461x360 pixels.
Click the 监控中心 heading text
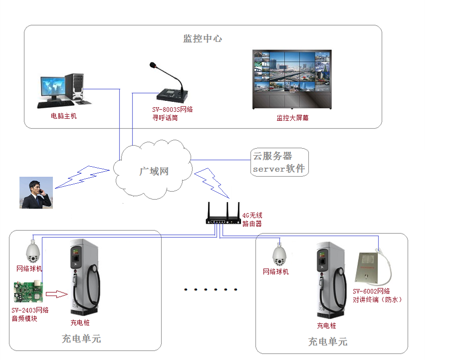click(202, 38)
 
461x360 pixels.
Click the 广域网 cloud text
click(153, 171)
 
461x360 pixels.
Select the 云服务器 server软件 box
click(279, 162)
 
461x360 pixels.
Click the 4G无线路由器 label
click(252, 220)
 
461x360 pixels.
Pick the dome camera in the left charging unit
click(33, 251)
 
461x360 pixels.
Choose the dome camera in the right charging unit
click(279, 255)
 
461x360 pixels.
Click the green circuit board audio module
click(28, 293)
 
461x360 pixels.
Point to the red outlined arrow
click(59, 294)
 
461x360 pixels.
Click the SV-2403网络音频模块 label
click(30, 314)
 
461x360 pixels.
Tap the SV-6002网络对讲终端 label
click(377, 295)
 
